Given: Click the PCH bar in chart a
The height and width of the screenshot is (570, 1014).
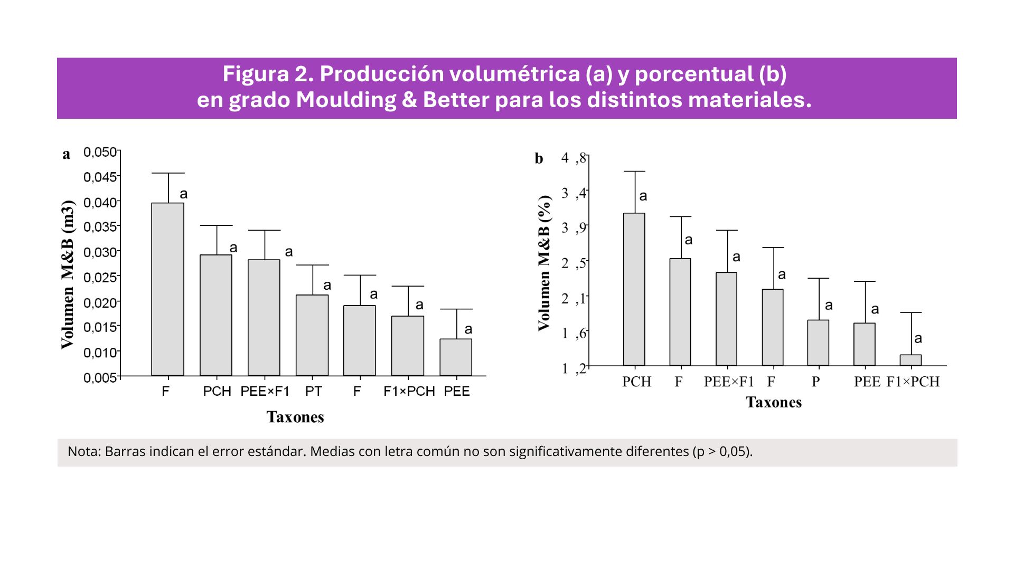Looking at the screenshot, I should point(216,315).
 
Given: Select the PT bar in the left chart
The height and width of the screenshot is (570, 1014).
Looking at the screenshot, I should point(312,335).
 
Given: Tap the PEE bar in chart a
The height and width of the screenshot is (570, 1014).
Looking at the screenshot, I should point(456,357).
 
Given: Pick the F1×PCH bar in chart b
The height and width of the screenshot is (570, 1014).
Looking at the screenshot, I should point(910,360).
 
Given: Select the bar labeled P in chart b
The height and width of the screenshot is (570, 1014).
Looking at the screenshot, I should point(818,343).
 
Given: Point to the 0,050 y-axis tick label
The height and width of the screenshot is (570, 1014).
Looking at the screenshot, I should point(100,152).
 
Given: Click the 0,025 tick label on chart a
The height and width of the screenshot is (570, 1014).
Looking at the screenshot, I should point(100,277).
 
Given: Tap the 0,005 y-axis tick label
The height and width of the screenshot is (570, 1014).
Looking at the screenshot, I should point(100,377).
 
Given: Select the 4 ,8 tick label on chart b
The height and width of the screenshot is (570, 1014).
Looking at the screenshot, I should point(574,158).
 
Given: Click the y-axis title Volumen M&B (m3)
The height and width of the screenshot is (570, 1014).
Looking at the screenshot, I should point(68,274).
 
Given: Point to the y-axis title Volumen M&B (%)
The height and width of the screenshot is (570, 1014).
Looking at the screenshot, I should point(544,263).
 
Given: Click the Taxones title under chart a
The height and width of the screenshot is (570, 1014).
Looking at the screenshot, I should point(295,417).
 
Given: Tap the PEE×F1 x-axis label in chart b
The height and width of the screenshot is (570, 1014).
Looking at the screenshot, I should point(729,382).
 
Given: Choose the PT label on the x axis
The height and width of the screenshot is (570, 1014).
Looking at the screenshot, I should point(314,391).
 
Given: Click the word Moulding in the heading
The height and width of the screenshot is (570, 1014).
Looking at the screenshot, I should point(345,100).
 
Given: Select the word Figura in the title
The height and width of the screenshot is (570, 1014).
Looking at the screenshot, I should point(256,74).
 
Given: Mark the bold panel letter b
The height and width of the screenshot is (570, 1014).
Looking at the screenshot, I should point(539,158).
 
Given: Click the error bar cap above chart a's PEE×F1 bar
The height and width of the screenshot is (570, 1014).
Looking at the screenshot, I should point(265,230).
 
